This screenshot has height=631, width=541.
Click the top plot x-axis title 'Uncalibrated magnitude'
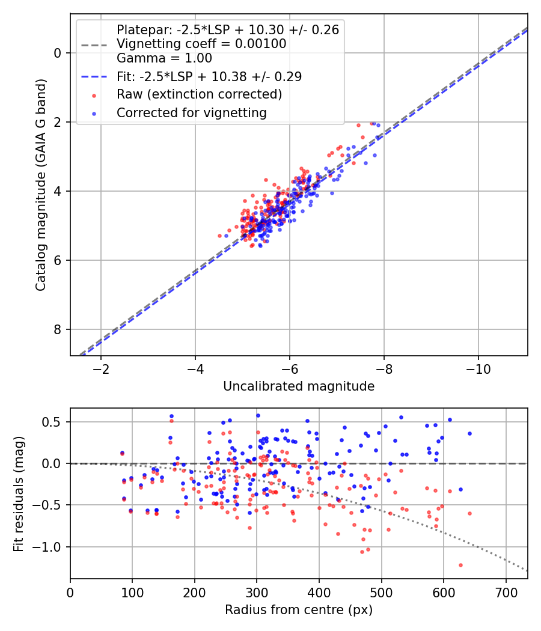click(299, 386)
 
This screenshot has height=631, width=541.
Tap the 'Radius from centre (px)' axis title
click(299, 610)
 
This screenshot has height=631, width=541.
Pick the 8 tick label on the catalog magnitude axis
click(58, 329)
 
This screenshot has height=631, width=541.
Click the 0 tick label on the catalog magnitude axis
click(58, 53)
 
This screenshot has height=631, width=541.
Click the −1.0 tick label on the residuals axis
click(49, 547)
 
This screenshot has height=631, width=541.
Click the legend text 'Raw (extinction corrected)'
click(199, 94)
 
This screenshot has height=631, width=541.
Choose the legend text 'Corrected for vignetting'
click(192, 112)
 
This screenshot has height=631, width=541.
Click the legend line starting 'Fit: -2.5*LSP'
click(209, 76)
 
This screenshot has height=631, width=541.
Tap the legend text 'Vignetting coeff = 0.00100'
click(201, 44)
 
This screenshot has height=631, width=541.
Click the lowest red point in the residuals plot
click(460, 565)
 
